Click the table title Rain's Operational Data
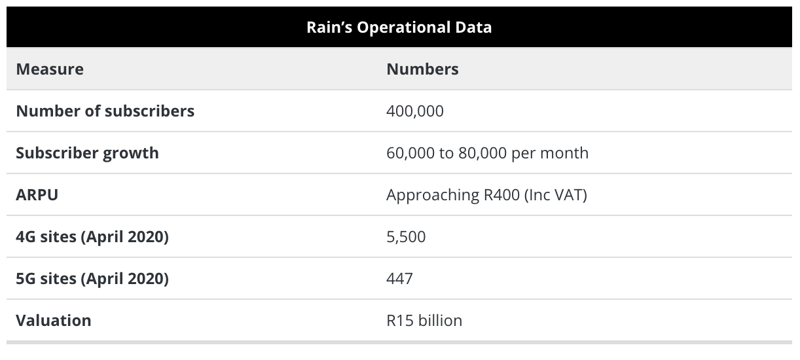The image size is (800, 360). pyautogui.click(x=399, y=27)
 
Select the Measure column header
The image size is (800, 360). pyautogui.click(x=50, y=69)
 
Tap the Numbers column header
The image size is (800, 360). pyautogui.click(x=422, y=69)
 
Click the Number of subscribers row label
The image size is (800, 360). pyautogui.click(x=105, y=111)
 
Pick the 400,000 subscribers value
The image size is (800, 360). pyautogui.click(x=415, y=111)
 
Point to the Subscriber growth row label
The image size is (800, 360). pyautogui.click(x=87, y=153)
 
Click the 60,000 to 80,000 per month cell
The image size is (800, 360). pyautogui.click(x=487, y=153)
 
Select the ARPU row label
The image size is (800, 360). pyautogui.click(x=37, y=194)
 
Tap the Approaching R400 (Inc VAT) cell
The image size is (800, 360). pyautogui.click(x=486, y=194)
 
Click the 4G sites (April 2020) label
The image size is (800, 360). pyautogui.click(x=92, y=236)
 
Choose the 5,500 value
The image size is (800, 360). pyautogui.click(x=406, y=236)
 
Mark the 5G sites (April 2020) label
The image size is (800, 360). pyautogui.click(x=92, y=278)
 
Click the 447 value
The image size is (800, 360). pyautogui.click(x=399, y=278)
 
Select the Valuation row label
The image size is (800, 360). pyautogui.click(x=53, y=320)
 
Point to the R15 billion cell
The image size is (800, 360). pyautogui.click(x=424, y=320)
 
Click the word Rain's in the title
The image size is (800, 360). pyautogui.click(x=327, y=27)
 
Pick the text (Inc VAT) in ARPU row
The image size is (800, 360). pyautogui.click(x=555, y=194)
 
